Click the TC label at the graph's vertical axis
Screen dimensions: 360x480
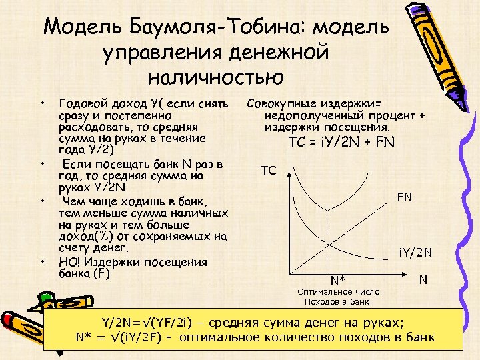268,171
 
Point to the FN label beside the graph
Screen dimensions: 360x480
405,198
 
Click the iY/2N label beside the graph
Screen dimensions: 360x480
416,252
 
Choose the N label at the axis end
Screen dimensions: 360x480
423,280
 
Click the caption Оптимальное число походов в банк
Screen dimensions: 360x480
338,297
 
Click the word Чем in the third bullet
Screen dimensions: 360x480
75,201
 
